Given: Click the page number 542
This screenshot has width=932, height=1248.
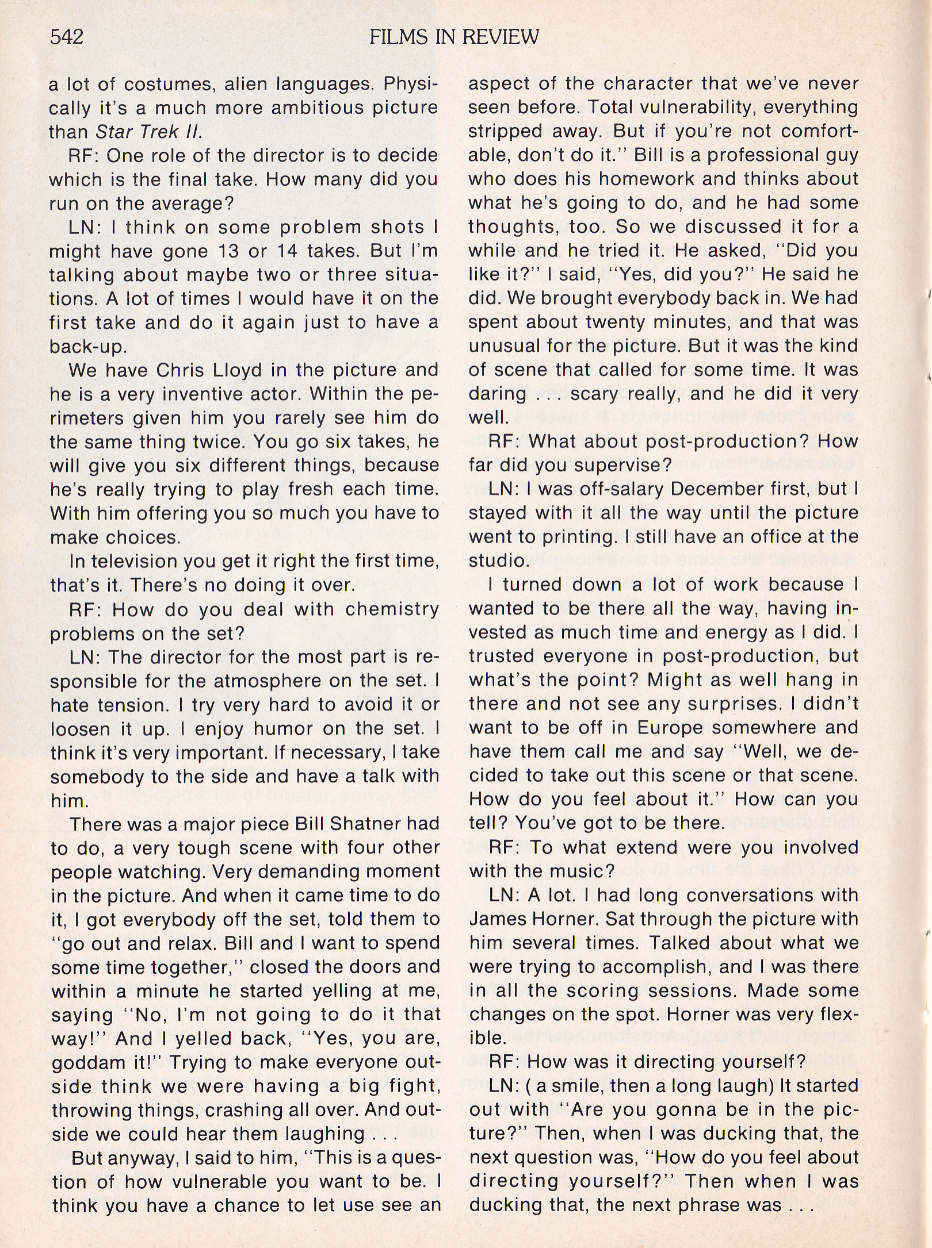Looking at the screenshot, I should point(67,37).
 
